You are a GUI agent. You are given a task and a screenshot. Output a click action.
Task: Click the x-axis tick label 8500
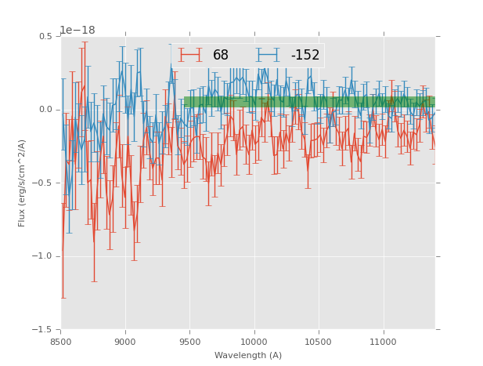coord(61,342)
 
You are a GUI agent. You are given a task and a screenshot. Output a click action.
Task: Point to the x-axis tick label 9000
coord(125,342)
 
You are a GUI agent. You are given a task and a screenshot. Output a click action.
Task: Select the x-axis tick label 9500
coord(189,342)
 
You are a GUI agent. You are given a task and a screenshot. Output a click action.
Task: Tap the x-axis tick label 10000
coord(254,342)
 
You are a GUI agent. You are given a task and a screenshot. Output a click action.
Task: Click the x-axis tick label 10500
coord(319,342)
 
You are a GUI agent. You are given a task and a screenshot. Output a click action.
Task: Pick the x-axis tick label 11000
coord(383,342)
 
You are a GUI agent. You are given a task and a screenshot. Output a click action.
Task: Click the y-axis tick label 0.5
coord(45,36)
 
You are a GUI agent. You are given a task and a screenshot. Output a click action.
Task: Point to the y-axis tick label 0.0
coord(45,110)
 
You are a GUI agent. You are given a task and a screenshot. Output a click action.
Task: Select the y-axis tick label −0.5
coord(43,183)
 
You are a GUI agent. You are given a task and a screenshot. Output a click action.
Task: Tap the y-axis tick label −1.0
coord(43,256)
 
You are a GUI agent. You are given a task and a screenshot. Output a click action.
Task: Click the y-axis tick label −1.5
coord(43,330)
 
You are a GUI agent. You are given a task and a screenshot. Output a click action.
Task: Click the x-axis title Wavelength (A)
coord(248,355)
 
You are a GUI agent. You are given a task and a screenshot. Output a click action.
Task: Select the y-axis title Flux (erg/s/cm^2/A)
coord(22,183)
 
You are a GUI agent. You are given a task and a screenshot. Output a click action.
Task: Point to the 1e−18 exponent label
coord(77,30)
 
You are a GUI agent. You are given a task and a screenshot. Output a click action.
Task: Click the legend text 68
coord(221,56)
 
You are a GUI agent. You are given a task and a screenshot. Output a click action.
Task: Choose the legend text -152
coord(305,56)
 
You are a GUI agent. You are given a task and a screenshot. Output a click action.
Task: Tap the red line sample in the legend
coord(190,56)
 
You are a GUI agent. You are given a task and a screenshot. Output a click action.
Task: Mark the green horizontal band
coord(309,102)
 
